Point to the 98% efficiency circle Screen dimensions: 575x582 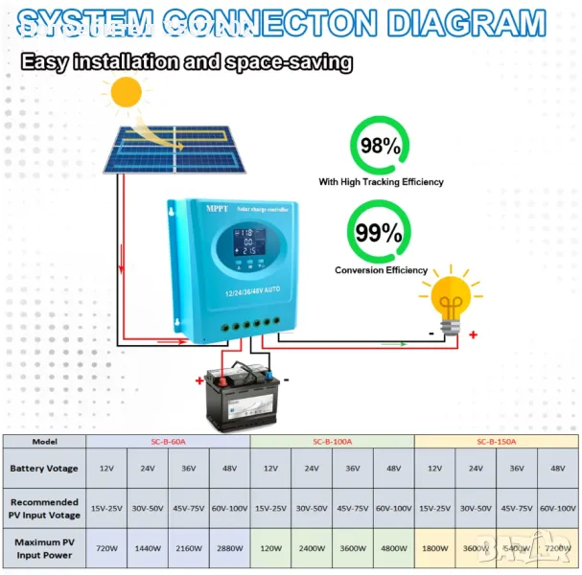[379, 147]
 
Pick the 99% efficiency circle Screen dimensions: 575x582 [380, 233]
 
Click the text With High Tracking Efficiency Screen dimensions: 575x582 [381, 182]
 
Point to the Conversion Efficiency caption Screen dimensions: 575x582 [381, 270]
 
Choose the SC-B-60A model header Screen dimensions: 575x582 [168, 441]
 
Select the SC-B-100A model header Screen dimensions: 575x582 [332, 441]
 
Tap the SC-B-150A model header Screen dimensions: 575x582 [496, 441]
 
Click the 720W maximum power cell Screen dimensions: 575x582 [106, 550]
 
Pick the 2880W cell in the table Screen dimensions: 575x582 [229, 550]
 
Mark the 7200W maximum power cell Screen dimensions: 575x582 [557, 550]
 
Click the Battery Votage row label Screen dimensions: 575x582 [44, 469]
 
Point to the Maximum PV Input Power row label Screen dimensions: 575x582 [44, 550]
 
